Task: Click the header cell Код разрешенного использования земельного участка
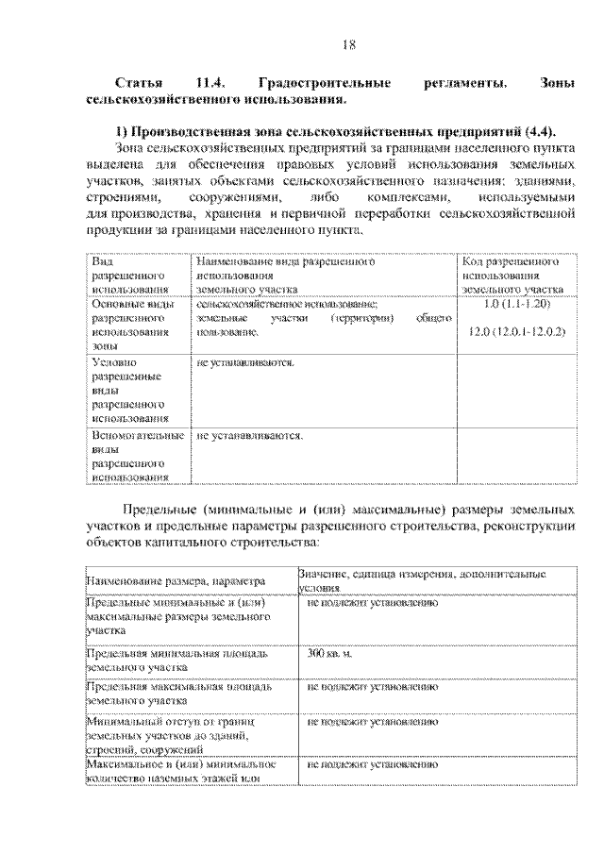[513, 275]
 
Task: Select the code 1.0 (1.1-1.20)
[515, 305]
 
